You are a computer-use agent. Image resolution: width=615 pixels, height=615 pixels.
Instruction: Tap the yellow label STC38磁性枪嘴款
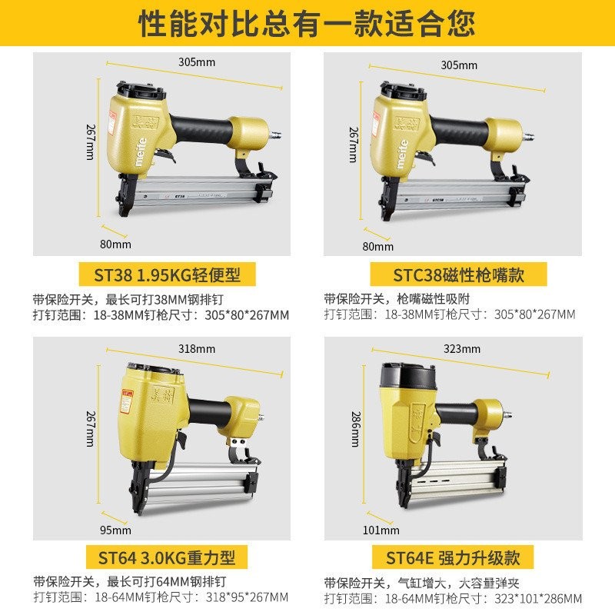[458, 274]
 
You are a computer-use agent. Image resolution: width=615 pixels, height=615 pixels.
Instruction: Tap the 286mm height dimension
[355, 429]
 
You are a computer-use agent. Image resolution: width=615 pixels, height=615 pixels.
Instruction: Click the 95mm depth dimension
[116, 530]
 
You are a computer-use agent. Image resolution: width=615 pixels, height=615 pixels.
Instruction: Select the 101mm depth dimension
[380, 530]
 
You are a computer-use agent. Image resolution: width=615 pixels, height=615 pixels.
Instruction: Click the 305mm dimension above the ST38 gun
[198, 61]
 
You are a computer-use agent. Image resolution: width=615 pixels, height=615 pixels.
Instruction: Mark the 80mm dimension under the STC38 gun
[372, 246]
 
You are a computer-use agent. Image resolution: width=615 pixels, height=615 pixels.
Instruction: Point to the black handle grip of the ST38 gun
[203, 126]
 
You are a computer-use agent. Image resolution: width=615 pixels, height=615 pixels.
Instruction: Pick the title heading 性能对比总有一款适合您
[307, 25]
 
